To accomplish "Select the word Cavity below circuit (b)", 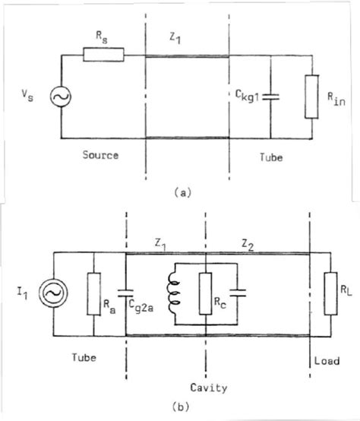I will [208, 388].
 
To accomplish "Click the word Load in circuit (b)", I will [323, 361].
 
